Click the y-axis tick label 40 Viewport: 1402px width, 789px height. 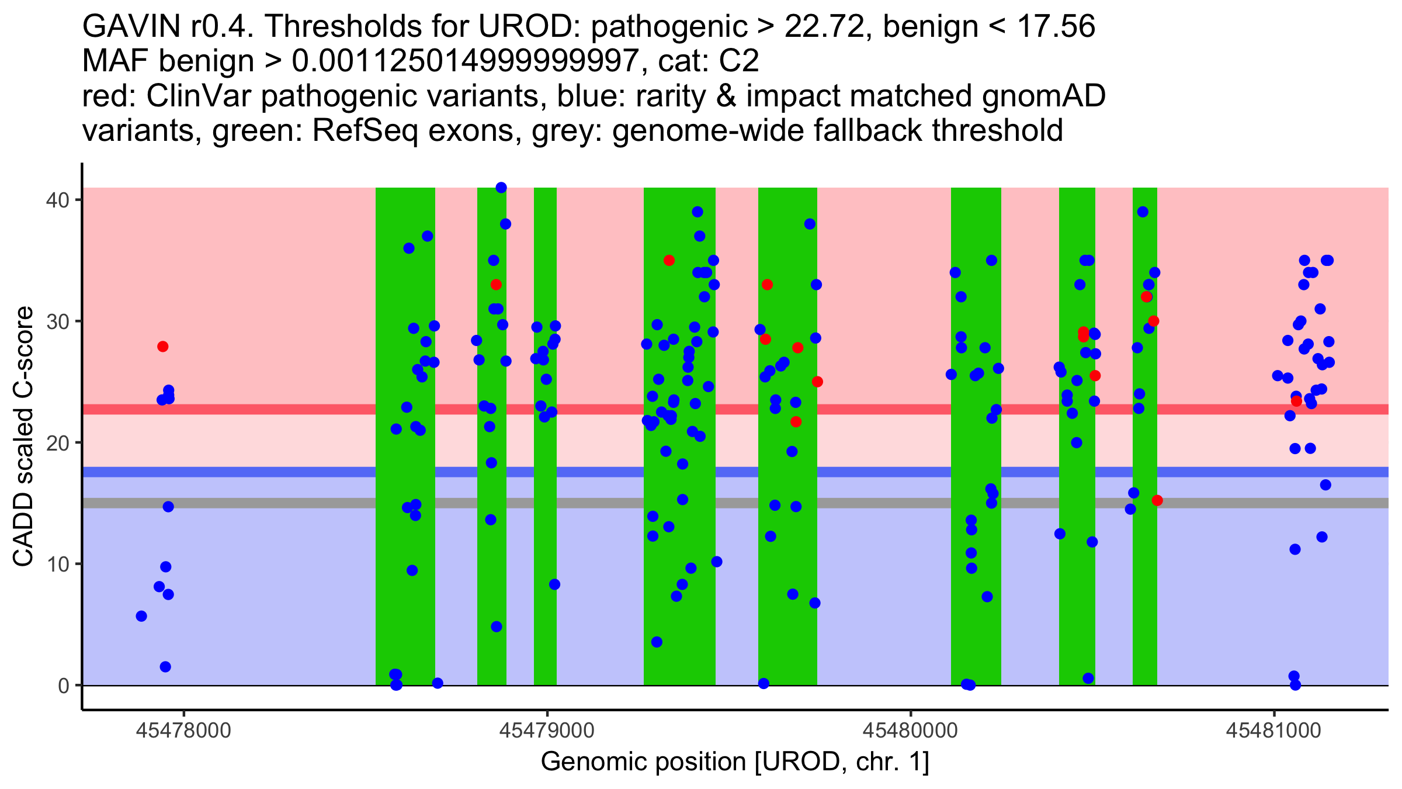[57, 200]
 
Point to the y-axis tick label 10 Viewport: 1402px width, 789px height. [57, 565]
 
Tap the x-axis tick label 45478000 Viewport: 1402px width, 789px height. [183, 731]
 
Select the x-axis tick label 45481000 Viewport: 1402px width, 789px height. [1273, 731]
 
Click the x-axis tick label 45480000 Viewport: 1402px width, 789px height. [910, 731]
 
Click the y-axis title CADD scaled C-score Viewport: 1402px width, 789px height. [23, 437]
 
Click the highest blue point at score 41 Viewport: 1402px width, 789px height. [501, 188]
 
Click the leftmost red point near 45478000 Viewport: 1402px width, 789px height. [163, 347]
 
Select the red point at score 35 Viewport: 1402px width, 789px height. [669, 260]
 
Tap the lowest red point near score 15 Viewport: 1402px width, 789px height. [1157, 500]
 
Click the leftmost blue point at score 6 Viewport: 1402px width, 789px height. [141, 616]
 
